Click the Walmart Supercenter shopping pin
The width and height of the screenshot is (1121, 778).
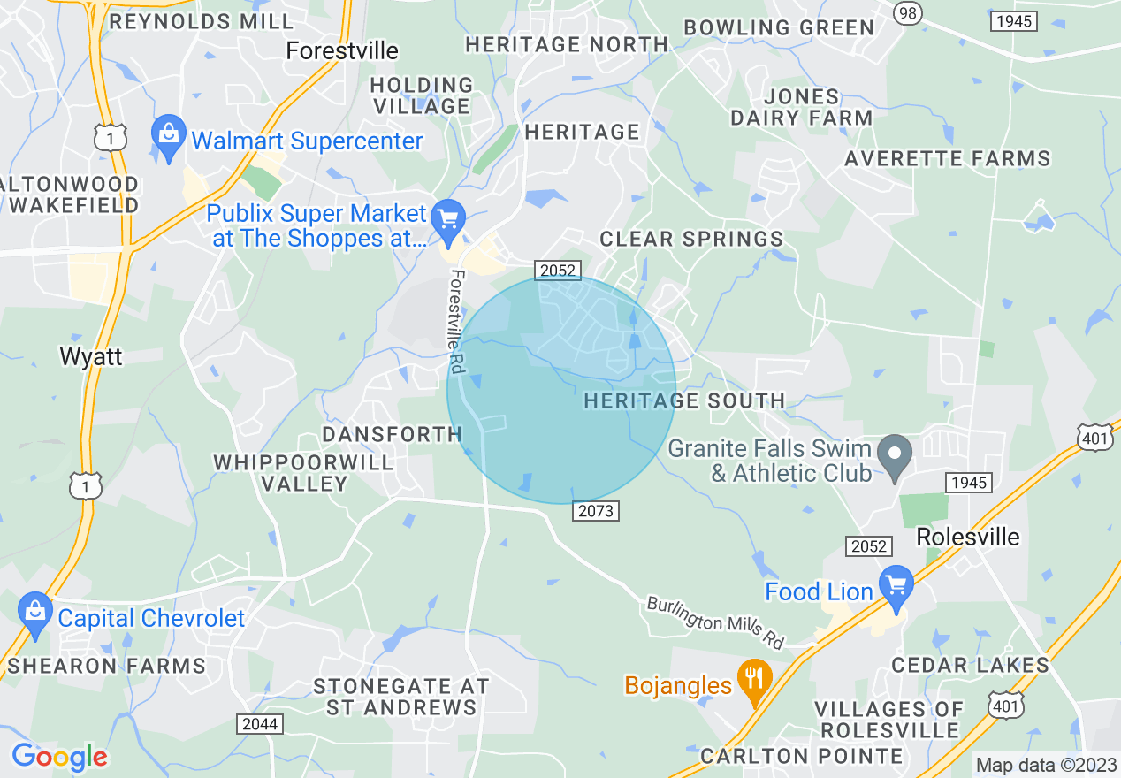[168, 135]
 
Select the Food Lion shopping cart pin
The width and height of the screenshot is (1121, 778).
[896, 586]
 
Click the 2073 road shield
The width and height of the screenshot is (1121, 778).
[595, 511]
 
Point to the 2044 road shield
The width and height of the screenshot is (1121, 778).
[259, 724]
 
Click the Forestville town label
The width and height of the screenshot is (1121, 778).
[342, 50]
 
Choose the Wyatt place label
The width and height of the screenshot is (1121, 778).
[90, 356]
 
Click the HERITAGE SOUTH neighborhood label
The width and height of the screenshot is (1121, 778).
[684, 400]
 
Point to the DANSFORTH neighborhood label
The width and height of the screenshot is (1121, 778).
[392, 434]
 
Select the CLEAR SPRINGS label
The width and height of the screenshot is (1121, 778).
[691, 239]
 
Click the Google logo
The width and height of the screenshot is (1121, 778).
[59, 757]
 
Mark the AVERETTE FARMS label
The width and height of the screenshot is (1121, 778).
[947, 159]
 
